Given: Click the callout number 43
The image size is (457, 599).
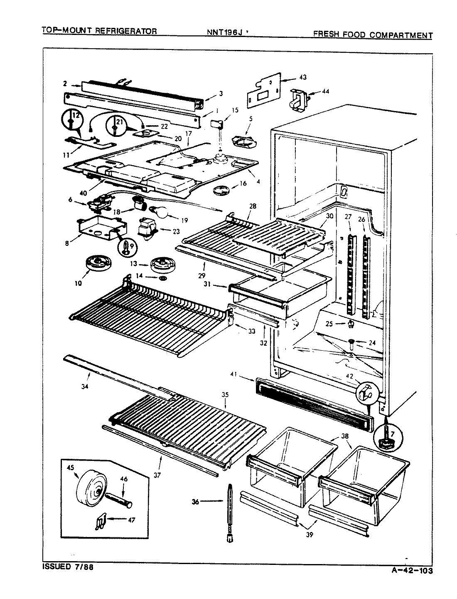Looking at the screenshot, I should tap(303, 77).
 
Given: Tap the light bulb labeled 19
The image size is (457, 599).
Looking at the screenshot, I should tap(161, 213).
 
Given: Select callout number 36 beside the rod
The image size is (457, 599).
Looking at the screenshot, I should tap(195, 502).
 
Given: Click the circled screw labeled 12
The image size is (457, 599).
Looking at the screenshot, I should tap(71, 121).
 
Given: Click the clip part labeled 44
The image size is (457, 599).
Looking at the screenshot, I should tap(300, 100).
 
